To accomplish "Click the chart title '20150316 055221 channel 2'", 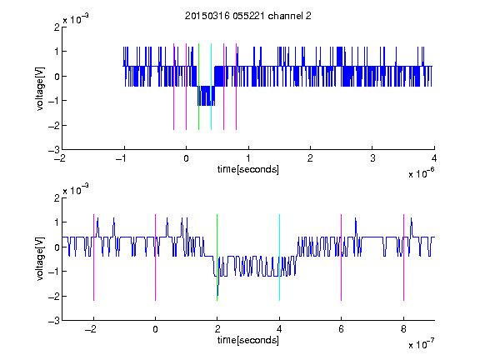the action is click(x=248, y=16).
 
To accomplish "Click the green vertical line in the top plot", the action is click(x=198, y=87).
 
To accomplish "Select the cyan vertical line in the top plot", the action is click(x=211, y=87).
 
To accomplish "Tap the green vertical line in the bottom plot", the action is click(x=217, y=257).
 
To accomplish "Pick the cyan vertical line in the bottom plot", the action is click(x=279, y=257).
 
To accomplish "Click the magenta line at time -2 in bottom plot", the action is click(x=93, y=257).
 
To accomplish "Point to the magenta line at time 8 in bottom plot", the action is click(x=404, y=257).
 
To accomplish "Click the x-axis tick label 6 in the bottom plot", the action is click(x=342, y=329).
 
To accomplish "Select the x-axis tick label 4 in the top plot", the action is click(x=434, y=158).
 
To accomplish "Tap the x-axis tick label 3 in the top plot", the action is click(x=372, y=158).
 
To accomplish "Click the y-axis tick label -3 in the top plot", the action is click(x=54, y=150).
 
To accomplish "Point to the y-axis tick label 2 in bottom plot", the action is click(x=57, y=197).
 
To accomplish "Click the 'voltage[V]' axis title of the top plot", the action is click(x=40, y=88).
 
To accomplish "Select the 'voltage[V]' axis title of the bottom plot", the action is click(x=40, y=258).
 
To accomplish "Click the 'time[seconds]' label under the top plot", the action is click(x=248, y=169).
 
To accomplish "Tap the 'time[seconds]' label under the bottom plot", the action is click(x=248, y=340).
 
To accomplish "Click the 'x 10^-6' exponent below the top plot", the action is click(x=422, y=172).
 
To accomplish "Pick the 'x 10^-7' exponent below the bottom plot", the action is click(x=422, y=343).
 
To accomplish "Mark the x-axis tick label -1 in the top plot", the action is click(x=121, y=158).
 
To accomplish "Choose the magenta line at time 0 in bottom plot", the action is click(x=156, y=257).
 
